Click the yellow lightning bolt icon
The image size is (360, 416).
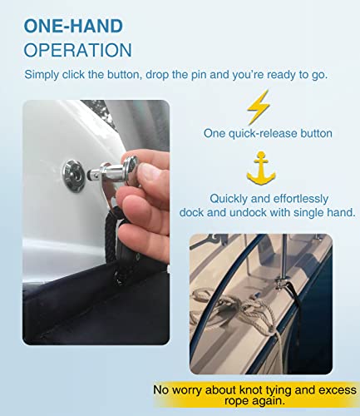tap(259, 106)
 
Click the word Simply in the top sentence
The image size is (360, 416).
tap(42, 75)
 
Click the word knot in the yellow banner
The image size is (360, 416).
tap(263, 388)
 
